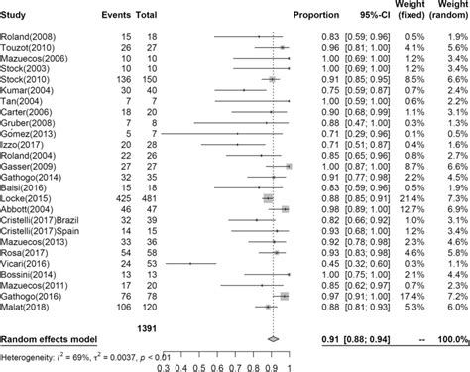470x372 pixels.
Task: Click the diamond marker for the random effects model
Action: click(x=274, y=340)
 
